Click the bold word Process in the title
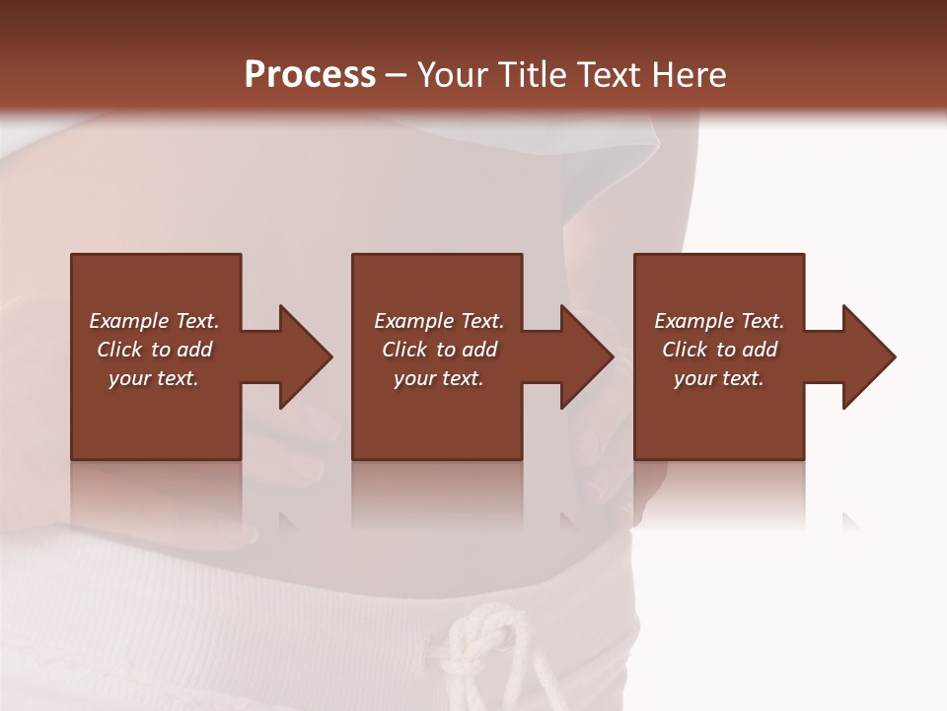point(310,75)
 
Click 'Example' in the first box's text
point(129,321)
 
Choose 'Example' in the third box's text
point(694,321)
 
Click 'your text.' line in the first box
point(154,378)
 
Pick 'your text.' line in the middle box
point(439,378)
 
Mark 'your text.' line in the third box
point(719,378)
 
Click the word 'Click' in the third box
point(685,350)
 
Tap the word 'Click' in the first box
point(119,350)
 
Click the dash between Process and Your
point(397,75)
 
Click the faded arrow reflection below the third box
point(851,519)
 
